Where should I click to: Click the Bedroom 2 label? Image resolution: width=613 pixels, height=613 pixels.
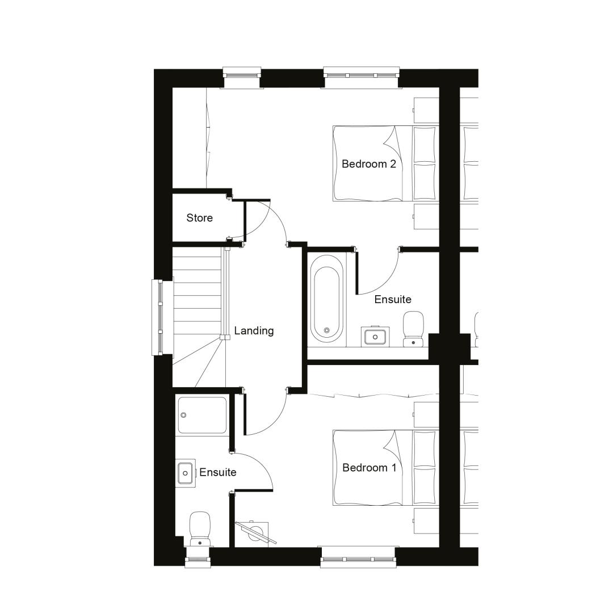369,164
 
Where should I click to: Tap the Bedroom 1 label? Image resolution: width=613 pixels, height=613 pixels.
369,468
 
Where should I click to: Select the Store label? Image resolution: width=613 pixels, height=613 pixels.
199,218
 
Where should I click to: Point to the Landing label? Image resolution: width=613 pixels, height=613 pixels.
254,331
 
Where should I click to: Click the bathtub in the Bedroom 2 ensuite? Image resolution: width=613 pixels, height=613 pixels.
327,299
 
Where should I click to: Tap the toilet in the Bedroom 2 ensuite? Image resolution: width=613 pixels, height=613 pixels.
413,329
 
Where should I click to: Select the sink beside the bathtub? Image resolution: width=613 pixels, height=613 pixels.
375,336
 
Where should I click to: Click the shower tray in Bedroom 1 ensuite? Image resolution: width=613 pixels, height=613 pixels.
202,415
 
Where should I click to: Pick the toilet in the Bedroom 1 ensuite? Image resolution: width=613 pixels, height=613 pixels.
200,528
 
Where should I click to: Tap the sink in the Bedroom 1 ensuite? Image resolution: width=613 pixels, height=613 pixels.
185,473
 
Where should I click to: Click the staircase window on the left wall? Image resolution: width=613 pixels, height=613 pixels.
158,317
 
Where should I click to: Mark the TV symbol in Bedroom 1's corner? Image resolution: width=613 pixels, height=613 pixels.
256,532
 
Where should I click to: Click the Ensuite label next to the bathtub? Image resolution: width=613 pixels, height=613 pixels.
393,300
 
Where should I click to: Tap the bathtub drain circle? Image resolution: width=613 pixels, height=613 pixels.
327,331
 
